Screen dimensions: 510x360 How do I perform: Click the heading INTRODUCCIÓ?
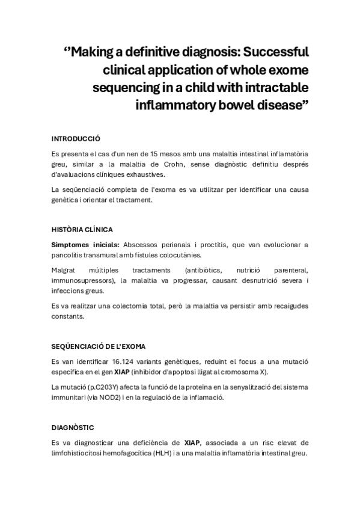pos(76,138)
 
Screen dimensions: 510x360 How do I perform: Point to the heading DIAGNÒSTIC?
pos(73,427)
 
